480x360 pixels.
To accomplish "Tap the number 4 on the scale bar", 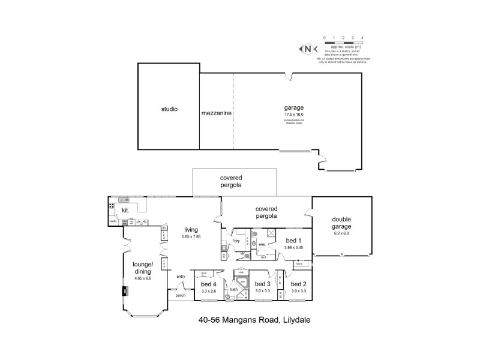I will click(x=362, y=37).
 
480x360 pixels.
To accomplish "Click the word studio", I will click(x=169, y=110).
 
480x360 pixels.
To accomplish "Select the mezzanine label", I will click(x=217, y=112).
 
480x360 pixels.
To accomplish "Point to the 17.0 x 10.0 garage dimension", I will click(x=294, y=114).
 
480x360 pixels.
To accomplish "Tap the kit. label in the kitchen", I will click(x=125, y=211).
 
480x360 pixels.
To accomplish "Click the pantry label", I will click(x=113, y=221).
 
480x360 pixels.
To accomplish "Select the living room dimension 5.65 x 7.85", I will click(x=191, y=236).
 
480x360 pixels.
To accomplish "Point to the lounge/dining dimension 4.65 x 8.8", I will click(x=143, y=278).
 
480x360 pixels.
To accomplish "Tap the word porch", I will click(x=180, y=296).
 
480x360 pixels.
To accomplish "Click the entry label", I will click(x=181, y=277).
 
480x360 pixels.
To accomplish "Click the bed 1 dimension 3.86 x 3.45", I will click(x=293, y=247).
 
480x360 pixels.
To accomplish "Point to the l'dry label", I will click(x=236, y=241).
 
